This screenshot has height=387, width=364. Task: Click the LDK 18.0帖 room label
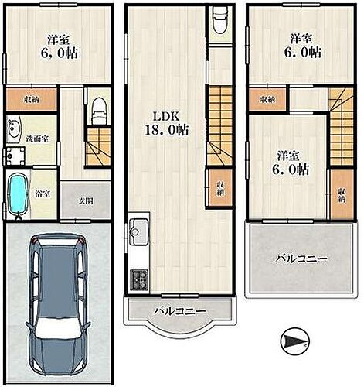tap(166, 124)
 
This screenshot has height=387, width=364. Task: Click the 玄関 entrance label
tap(86, 201)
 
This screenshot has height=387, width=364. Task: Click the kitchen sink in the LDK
tap(139, 231)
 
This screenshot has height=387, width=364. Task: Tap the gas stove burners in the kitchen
tap(139, 279)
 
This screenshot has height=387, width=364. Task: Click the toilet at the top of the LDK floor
tap(220, 20)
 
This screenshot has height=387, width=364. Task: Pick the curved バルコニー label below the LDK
tap(180, 311)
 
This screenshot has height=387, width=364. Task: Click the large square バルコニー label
tap(301, 259)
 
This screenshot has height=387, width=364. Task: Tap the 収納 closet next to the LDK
tap(220, 187)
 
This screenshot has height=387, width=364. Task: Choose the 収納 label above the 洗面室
tap(31, 99)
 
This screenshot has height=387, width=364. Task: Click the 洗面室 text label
tap(37, 139)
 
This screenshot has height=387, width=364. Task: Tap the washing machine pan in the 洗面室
tap(15, 156)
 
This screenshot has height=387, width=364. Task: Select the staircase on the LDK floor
tap(220, 125)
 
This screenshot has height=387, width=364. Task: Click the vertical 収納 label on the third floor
tap(342, 195)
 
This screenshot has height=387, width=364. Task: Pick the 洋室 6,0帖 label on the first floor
tap(59, 46)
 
